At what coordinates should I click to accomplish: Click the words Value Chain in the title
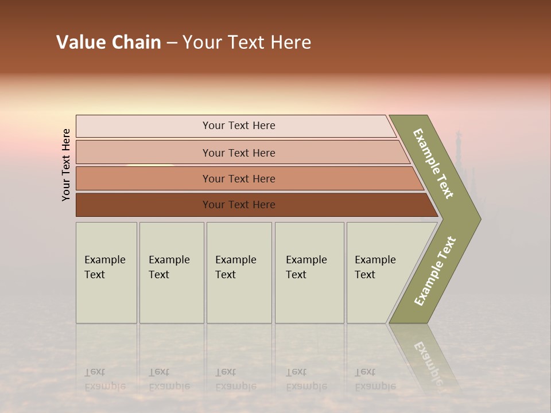[x=108, y=42]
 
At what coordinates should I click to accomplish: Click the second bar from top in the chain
[x=238, y=153]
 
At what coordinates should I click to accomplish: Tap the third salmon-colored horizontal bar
[x=238, y=178]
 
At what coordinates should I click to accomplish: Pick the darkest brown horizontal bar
[x=238, y=205]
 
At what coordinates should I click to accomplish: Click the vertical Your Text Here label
[x=66, y=165]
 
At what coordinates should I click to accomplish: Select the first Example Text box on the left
[x=106, y=272]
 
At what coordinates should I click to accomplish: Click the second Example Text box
[x=171, y=272]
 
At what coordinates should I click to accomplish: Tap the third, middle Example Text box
[x=239, y=272]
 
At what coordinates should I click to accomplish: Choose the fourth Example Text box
[x=309, y=272]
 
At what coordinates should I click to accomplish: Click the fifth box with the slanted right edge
[x=379, y=272]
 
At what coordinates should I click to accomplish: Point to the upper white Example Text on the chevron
[x=433, y=163]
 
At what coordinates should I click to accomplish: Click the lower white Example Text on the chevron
[x=435, y=271]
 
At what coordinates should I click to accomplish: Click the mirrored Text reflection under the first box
[x=95, y=372]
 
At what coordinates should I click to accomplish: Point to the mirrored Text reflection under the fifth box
[x=365, y=372]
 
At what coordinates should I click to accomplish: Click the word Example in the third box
[x=235, y=260]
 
